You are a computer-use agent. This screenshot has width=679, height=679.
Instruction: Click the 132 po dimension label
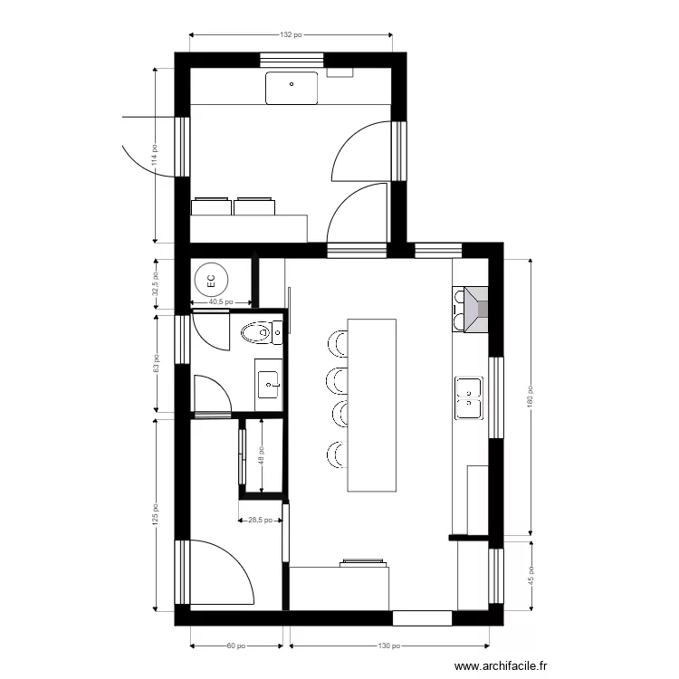[290, 35]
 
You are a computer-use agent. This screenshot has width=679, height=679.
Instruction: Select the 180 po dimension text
[531, 397]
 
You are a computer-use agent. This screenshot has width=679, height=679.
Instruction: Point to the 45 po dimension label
[531, 577]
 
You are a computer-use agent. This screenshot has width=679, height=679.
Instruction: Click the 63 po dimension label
[155, 365]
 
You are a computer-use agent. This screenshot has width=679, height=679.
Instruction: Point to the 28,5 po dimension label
[261, 521]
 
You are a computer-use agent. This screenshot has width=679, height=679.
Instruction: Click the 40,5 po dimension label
[221, 302]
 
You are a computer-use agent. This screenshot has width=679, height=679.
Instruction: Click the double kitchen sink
[469, 397]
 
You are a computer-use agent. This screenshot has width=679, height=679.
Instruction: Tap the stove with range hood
[472, 310]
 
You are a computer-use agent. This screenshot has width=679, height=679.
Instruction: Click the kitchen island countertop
[372, 404]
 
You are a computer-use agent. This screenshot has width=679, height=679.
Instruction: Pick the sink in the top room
[292, 87]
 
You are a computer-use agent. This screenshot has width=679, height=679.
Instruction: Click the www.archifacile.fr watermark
[502, 665]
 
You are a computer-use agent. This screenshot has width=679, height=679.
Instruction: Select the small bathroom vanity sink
[269, 383]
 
